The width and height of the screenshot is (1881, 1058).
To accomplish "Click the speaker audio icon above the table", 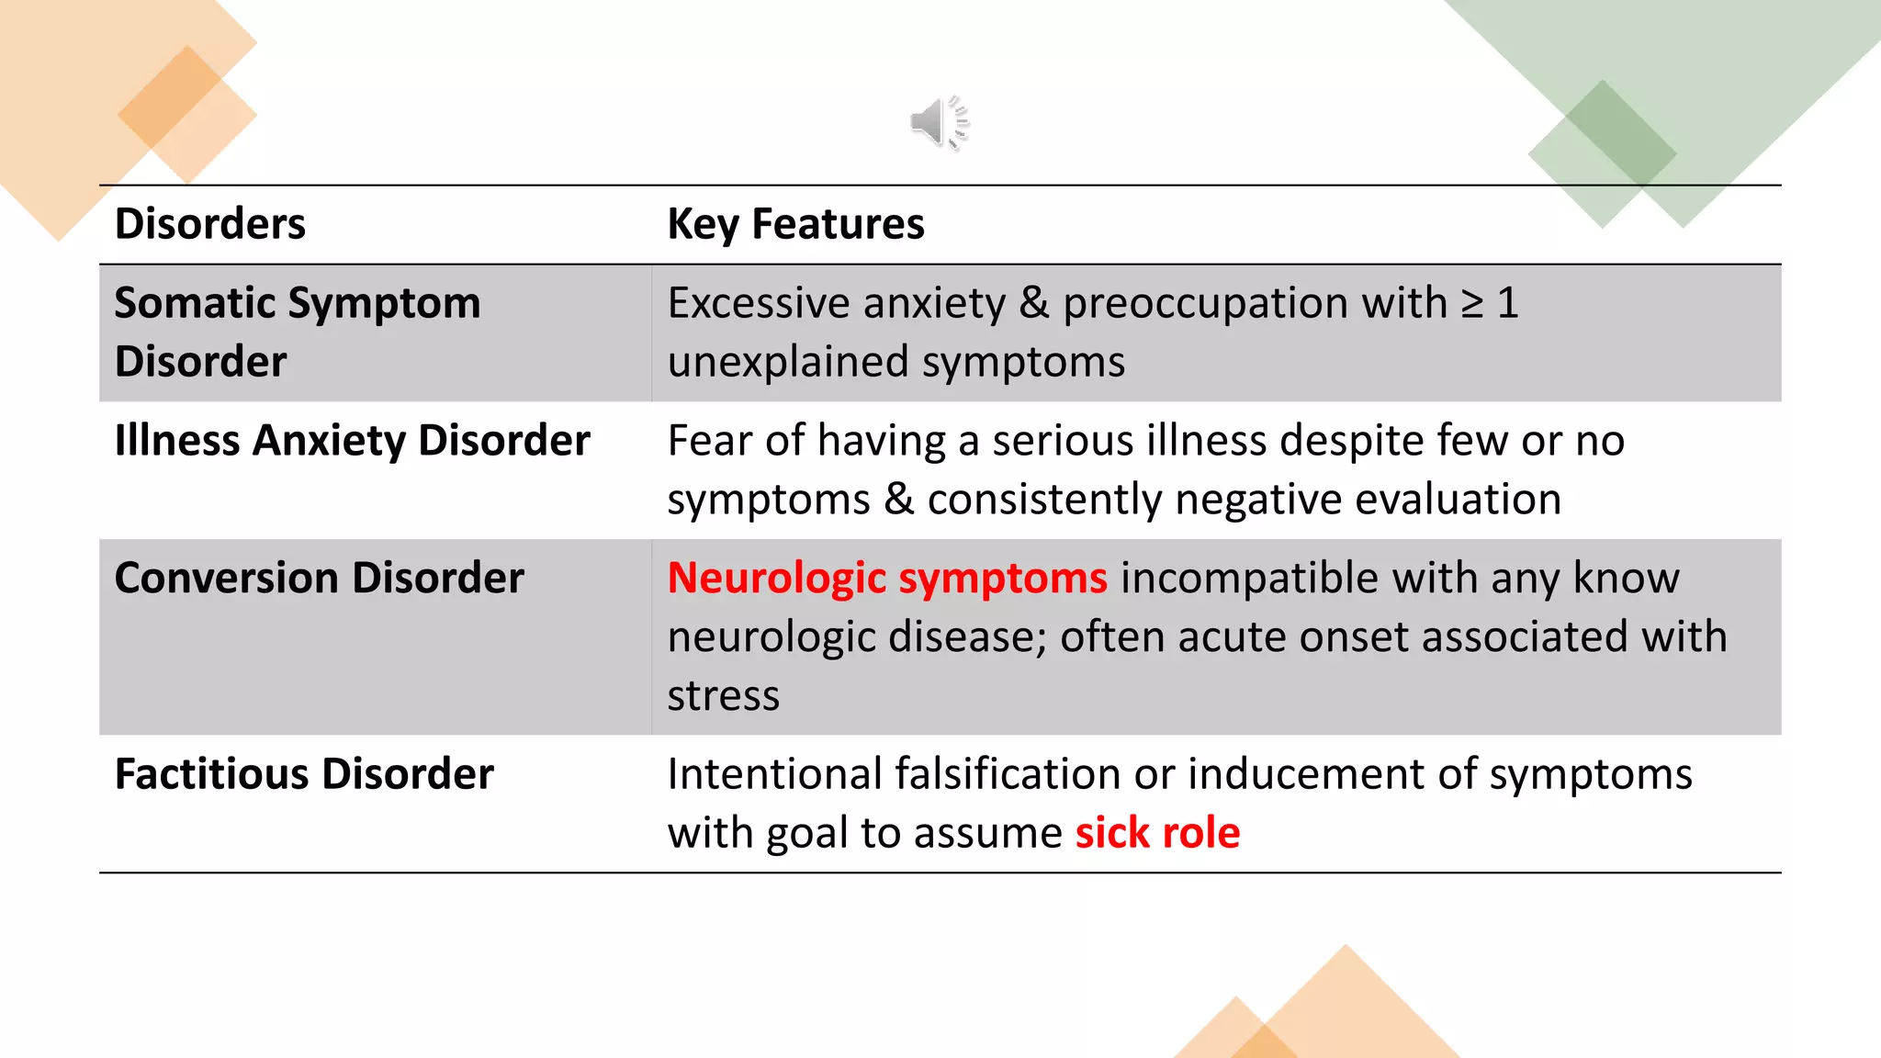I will click(939, 122).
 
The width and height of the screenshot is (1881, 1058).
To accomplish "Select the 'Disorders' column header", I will click(209, 224).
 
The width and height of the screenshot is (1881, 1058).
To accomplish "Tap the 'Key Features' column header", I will click(795, 224).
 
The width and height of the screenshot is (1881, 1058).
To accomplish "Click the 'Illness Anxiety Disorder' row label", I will click(352, 441).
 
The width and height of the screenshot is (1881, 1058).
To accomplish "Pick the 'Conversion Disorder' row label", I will click(319, 579).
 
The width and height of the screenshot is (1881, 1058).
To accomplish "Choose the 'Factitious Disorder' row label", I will click(304, 774).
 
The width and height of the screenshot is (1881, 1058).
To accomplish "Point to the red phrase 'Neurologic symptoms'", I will click(887, 579).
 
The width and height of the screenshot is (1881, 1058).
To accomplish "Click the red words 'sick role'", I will click(1157, 833).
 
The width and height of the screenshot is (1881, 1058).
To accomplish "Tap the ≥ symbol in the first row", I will click(1472, 304).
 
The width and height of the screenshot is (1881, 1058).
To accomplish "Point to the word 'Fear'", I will click(709, 441).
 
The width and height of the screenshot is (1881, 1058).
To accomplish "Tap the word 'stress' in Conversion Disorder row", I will click(723, 696).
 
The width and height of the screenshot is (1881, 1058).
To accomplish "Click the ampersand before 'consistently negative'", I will click(898, 500).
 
